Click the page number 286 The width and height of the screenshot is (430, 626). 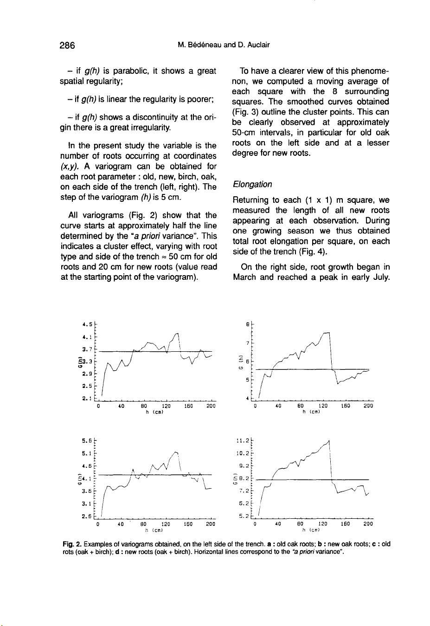pos(67,45)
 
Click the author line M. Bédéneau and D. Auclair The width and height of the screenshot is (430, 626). pos(224,45)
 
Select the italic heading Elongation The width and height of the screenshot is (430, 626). pos(252,185)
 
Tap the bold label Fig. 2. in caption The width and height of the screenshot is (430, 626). pos(71,544)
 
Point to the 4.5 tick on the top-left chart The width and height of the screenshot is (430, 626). pos(87,319)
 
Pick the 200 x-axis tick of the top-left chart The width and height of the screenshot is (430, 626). pos(211,406)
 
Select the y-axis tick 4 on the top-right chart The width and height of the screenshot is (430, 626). pos(248,398)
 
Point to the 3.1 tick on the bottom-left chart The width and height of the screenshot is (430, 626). pos(87,503)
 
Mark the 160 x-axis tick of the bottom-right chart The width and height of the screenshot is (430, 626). pos(346,524)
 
